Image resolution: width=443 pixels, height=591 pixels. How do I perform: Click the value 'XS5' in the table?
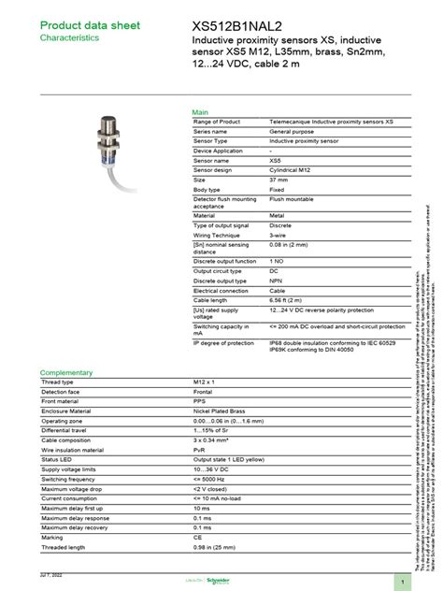point(277,161)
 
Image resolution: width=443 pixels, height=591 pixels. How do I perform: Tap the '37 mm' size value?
point(279,180)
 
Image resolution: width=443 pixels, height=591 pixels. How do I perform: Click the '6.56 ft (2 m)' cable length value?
point(291,298)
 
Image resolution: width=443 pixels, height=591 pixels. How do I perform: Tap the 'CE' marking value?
point(197,538)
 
